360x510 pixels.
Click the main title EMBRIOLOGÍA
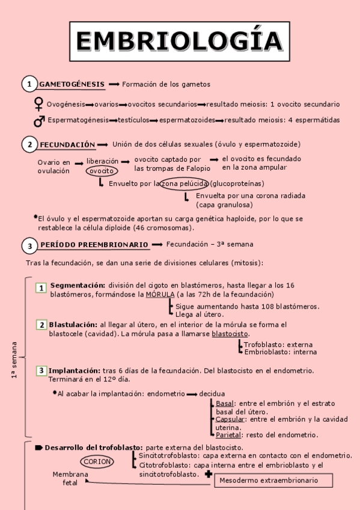(x=179, y=41)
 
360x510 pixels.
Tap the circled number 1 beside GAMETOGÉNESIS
(x=28, y=84)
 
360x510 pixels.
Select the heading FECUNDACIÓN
(x=67, y=145)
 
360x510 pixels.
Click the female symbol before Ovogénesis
(x=39, y=104)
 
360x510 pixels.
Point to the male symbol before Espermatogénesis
(x=39, y=121)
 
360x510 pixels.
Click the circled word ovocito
(x=102, y=171)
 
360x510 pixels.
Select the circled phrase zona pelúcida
(x=185, y=183)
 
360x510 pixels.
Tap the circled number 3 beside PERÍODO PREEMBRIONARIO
(x=28, y=245)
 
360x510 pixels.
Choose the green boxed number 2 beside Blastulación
(x=41, y=325)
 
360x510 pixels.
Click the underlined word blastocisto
(x=230, y=334)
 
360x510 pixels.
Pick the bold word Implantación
(x=74, y=371)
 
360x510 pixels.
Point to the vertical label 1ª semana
(x=13, y=360)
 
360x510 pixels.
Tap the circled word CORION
(x=97, y=462)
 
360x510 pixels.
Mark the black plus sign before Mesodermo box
(x=208, y=475)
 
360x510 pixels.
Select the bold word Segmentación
(x=78, y=285)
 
